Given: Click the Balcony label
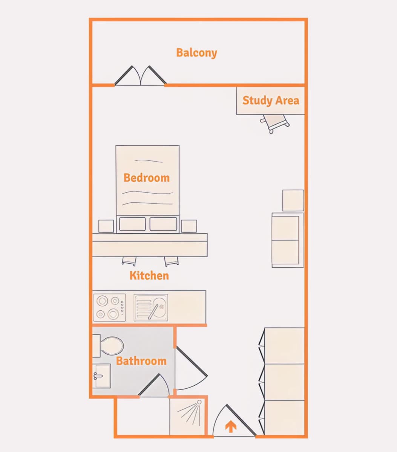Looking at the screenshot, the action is pyautogui.click(x=196, y=53).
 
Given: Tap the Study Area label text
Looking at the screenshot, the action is pyautogui.click(x=271, y=101).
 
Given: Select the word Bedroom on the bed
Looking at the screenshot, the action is pyautogui.click(x=147, y=178).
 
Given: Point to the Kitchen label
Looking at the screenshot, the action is pyautogui.click(x=149, y=275).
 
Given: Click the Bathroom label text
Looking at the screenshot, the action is pyautogui.click(x=141, y=361).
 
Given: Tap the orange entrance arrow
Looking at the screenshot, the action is pyautogui.click(x=231, y=426).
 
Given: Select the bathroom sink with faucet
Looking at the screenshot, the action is pyautogui.click(x=101, y=376).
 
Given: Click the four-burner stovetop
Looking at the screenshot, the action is pyautogui.click(x=110, y=308).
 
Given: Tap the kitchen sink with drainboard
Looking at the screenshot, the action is pyautogui.click(x=151, y=308).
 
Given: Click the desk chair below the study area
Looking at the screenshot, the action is pyautogui.click(x=274, y=124).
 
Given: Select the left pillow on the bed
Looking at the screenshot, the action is pyautogui.click(x=132, y=224).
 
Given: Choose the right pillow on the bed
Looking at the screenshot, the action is pyautogui.click(x=164, y=224).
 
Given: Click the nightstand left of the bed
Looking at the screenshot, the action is pyautogui.click(x=106, y=226).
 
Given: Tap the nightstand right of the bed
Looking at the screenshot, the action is pyautogui.click(x=189, y=226).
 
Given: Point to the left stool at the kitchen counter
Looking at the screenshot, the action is pyautogui.click(x=129, y=261).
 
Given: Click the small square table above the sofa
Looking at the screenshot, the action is pyautogui.click(x=293, y=200).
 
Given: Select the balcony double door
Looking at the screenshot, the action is pyautogui.click(x=141, y=76).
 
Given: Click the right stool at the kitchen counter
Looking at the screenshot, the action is pyautogui.click(x=172, y=261).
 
